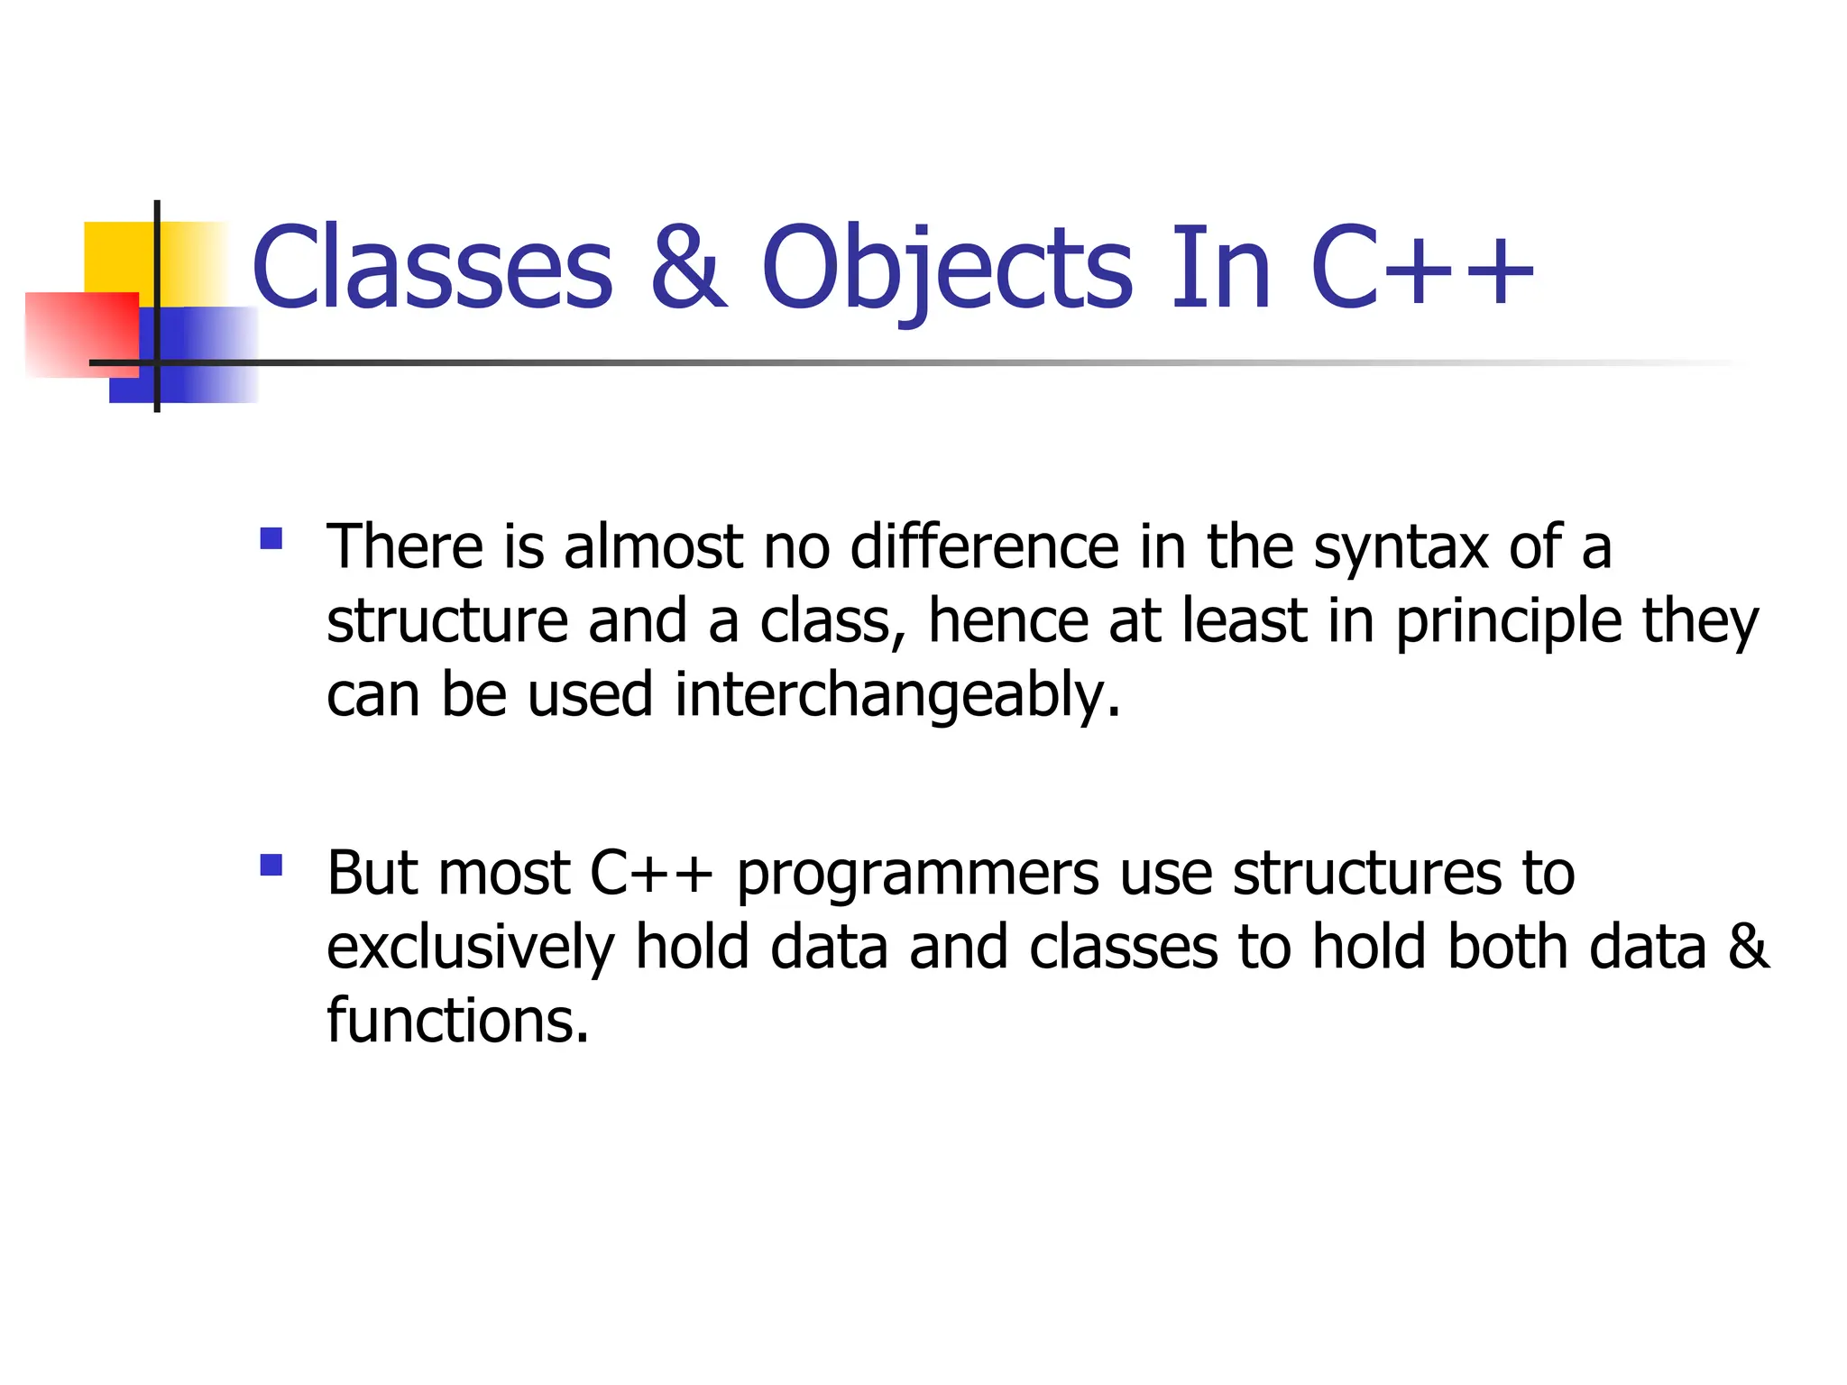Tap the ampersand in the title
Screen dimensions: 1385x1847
coord(688,268)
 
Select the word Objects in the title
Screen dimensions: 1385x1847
coord(947,268)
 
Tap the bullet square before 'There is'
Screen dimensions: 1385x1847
coord(271,539)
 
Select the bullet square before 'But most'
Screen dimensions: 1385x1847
coord(271,866)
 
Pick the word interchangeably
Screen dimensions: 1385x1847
coord(896,696)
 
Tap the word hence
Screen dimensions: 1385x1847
coord(1008,622)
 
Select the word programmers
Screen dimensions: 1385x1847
coord(918,875)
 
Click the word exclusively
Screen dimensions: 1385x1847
coord(470,949)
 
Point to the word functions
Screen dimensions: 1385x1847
coord(456,1022)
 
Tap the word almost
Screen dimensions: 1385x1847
coord(653,548)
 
